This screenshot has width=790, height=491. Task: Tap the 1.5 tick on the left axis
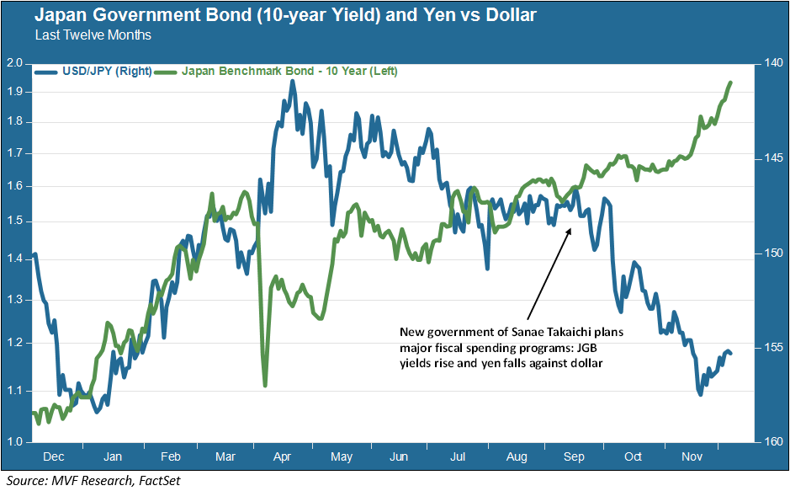13,221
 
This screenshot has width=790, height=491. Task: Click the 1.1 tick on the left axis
13,391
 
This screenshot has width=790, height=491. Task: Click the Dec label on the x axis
54,456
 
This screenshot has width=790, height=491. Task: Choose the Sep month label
574,456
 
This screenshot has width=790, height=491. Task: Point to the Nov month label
692,456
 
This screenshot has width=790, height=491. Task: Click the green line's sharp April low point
265,386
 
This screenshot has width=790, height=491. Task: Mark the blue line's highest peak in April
292,81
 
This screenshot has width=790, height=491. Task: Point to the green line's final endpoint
730,83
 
